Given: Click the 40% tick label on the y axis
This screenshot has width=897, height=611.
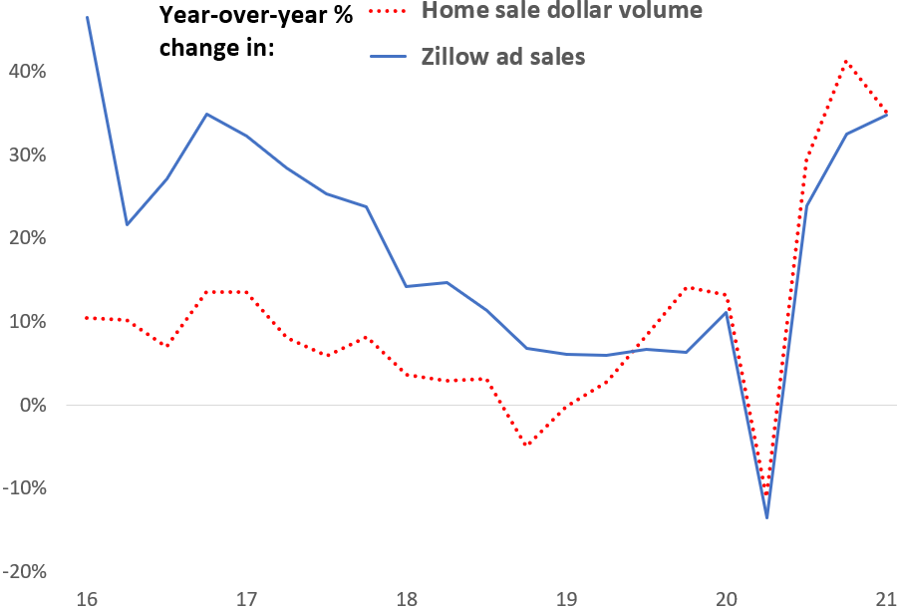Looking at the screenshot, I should click(26, 72).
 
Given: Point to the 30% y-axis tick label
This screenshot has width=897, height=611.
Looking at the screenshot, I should click(26, 155).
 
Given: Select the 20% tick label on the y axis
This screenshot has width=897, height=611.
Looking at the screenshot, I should click(26, 238).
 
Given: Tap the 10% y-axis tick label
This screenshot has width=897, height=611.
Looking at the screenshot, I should click(26, 322).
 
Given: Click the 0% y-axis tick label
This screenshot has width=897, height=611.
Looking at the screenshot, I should click(31, 406).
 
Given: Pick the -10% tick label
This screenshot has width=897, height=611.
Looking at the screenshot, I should click(24, 488).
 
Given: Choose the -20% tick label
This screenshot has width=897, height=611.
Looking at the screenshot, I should click(24, 572).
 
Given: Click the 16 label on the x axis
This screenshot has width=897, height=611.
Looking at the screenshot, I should click(87, 599).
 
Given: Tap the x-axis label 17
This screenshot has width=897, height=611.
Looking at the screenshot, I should click(246, 599).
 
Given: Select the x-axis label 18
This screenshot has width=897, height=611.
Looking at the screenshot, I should click(407, 599).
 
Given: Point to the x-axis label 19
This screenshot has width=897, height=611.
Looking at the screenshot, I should click(566, 599).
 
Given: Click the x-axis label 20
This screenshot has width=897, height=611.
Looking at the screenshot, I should click(727, 599).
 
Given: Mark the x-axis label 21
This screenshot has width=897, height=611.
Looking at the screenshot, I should click(885, 599).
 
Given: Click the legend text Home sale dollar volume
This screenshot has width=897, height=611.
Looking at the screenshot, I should click(562, 12).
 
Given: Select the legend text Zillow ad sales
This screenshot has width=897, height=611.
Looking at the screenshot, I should click(503, 57).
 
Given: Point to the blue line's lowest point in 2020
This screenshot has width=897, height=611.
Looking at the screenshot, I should click(766, 517).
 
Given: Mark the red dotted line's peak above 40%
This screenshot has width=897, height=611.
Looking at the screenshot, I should click(846, 62).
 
